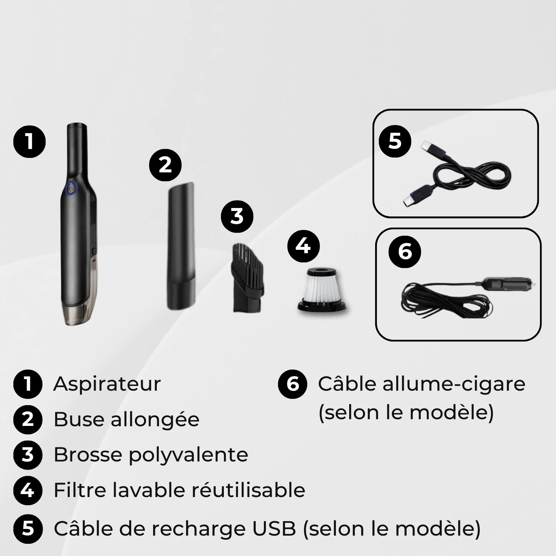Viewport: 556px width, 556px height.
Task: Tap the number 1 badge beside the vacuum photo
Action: click(x=29, y=142)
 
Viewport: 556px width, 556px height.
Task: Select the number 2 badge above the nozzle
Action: click(x=165, y=165)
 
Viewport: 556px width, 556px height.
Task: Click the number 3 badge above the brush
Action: click(x=237, y=216)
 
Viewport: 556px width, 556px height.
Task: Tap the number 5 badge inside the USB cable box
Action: click(x=395, y=141)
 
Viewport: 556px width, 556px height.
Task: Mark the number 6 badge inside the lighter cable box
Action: click(x=405, y=252)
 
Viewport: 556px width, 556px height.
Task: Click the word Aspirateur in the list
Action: click(x=107, y=384)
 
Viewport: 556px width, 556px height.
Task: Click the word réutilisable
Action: click(x=248, y=490)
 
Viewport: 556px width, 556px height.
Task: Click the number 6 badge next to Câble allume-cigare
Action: click(x=293, y=384)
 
